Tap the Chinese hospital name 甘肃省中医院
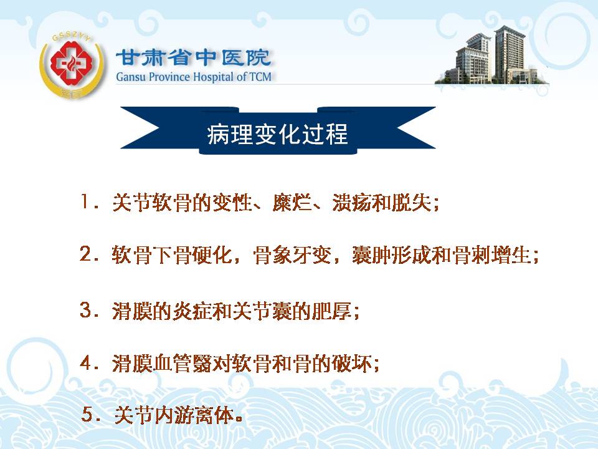click(193, 58)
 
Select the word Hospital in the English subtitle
click(214, 77)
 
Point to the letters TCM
click(260, 77)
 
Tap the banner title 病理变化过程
click(277, 134)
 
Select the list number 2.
click(85, 253)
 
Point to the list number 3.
click(85, 310)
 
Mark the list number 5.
click(88, 414)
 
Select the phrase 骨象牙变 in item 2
click(292, 254)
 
